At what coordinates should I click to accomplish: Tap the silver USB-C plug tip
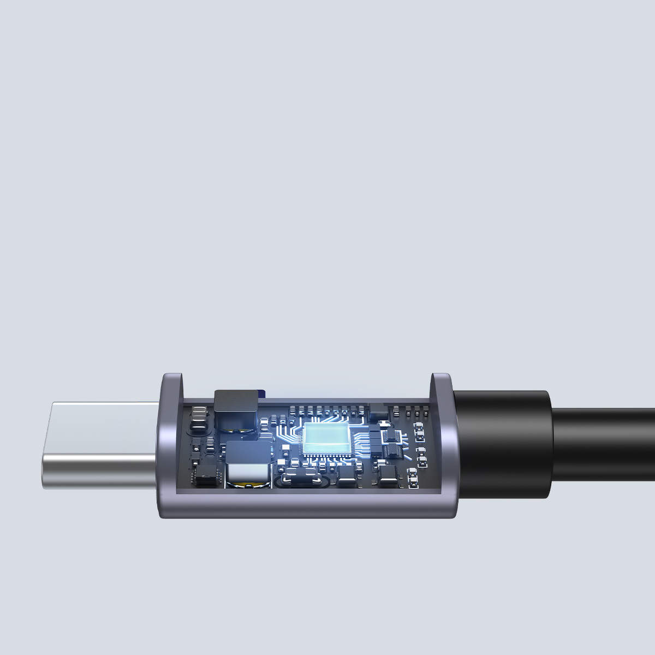pos(98,445)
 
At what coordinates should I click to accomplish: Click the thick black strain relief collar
pos(502,443)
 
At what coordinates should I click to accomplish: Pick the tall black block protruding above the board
pos(236,403)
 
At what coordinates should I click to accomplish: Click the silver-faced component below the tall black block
pos(248,474)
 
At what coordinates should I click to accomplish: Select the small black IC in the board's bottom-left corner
pos(206,480)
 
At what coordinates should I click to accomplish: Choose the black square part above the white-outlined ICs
pos(377,412)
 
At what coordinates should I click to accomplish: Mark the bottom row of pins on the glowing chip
pos(326,458)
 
